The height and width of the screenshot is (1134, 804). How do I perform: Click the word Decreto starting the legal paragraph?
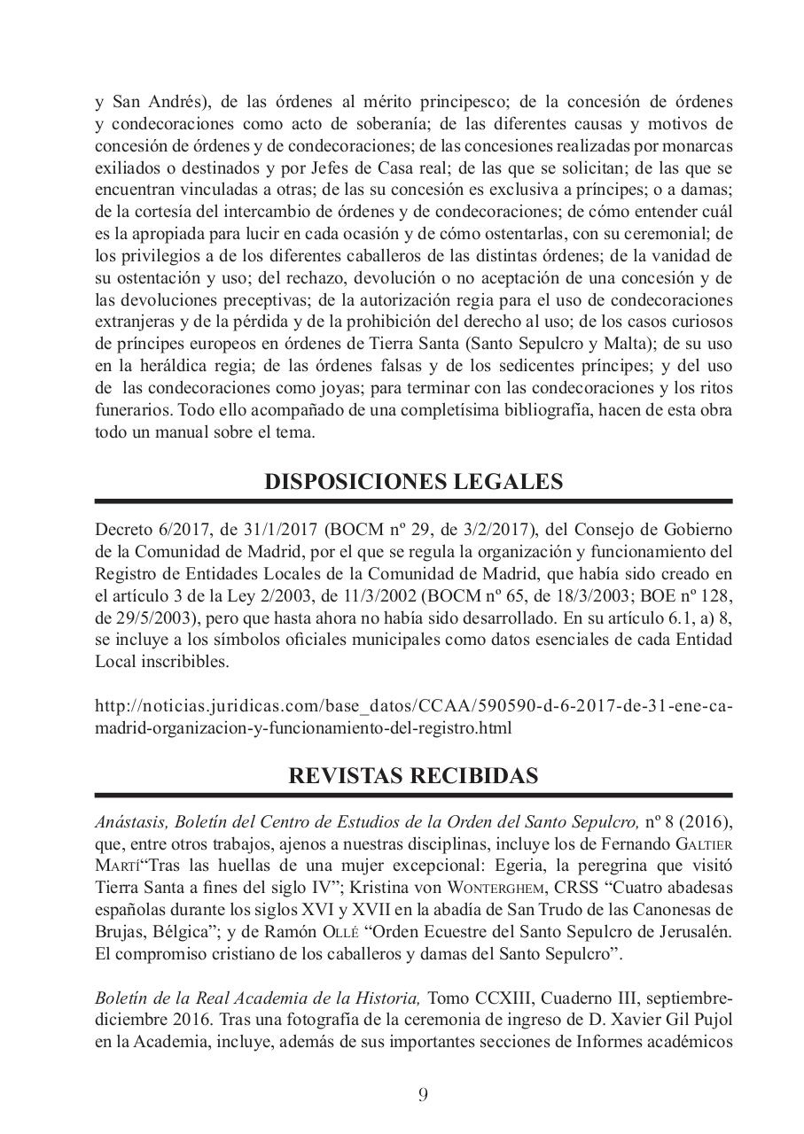click(121, 530)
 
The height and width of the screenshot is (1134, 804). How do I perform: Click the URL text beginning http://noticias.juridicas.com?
click(413, 707)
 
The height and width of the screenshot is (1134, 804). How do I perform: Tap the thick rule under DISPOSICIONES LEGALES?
click(413, 502)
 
